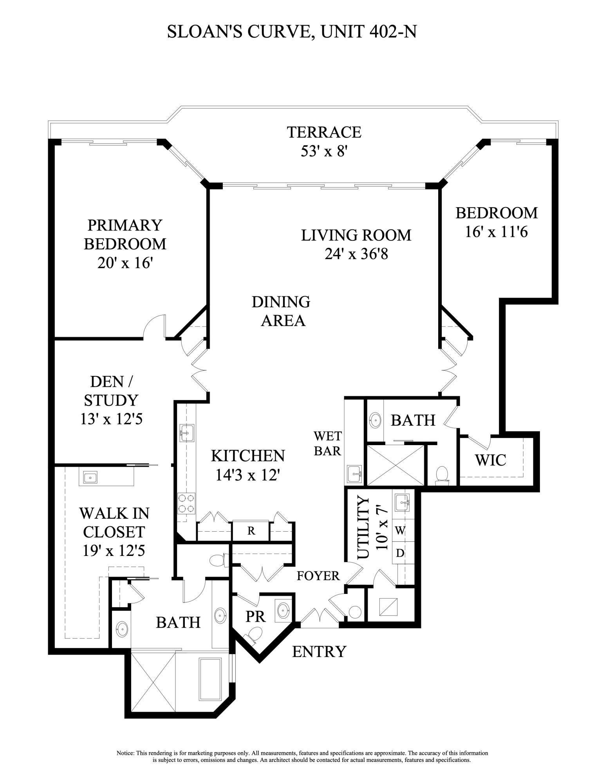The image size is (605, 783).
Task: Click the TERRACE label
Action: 324,132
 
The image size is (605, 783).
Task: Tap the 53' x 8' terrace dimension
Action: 324,151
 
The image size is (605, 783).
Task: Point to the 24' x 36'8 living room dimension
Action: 356,254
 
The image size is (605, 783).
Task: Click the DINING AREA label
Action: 281,311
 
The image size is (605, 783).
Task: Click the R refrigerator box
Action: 251,531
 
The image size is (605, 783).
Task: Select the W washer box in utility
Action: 400,530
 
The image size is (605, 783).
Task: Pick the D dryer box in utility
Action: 400,553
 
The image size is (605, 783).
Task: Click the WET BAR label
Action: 327,443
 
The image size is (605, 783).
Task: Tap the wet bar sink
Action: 355,474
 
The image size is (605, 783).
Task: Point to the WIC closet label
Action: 490,460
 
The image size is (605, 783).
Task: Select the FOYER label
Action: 318,576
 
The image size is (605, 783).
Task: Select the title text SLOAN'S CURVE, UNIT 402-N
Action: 291,32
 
